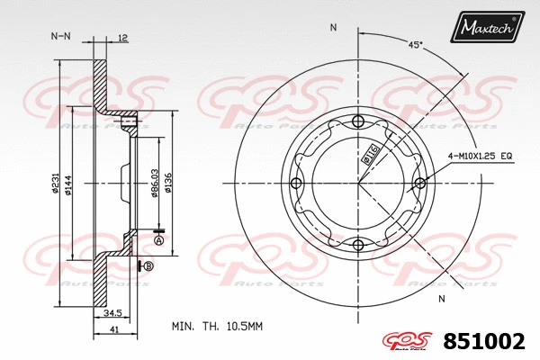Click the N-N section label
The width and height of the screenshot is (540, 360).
[60, 36]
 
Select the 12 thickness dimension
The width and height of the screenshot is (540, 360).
[123, 37]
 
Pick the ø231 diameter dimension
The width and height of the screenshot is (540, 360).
[56, 184]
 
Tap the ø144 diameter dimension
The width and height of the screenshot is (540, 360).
[68, 184]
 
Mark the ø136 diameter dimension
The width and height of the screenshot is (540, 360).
[169, 184]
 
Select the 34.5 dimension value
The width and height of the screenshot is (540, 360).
[112, 312]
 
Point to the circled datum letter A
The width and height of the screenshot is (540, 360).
[159, 240]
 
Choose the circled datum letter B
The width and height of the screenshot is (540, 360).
[148, 266]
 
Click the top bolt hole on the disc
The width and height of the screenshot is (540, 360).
[358, 122]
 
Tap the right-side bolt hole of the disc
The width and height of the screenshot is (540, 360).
[419, 184]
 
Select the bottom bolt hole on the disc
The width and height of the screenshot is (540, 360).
[358, 245]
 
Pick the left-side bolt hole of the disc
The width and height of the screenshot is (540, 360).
[297, 184]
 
